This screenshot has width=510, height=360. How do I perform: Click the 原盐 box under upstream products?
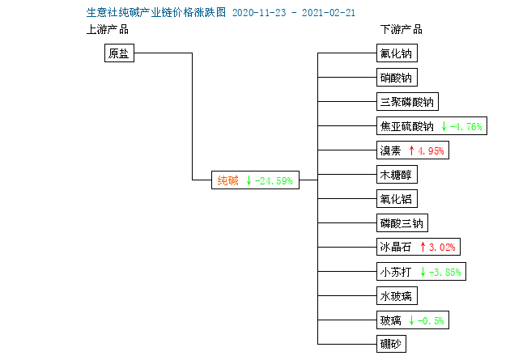coord(119,53)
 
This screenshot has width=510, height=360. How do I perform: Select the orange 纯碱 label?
coord(227,180)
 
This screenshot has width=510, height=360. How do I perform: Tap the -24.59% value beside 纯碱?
coord(274,181)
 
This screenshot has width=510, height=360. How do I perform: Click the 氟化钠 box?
coord(397,53)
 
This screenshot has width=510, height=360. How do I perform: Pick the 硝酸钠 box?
coord(397,78)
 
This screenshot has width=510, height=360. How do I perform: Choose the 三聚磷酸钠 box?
coord(407,102)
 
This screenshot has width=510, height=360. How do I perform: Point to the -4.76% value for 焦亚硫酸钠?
coord(465,126)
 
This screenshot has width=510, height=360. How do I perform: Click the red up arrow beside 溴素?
coord(411,150)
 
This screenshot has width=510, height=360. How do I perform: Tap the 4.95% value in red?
coord(431,150)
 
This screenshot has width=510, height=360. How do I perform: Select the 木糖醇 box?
coord(397,175)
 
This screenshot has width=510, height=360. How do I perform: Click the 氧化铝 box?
coord(397,199)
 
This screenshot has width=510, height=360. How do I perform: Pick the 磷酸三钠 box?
coord(402,223)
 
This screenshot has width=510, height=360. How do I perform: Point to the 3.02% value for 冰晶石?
coord(442,248)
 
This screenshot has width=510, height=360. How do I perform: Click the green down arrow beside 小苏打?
coord(423,272)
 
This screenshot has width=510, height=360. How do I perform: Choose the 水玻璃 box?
coord(397,295)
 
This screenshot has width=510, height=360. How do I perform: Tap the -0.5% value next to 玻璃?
coord(431,321)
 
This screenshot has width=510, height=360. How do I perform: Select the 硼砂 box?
coord(391,344)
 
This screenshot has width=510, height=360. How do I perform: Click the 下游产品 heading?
coord(402,30)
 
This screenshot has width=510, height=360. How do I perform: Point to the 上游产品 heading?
coord(108,30)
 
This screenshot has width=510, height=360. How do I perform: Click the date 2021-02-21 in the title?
coord(329,13)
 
